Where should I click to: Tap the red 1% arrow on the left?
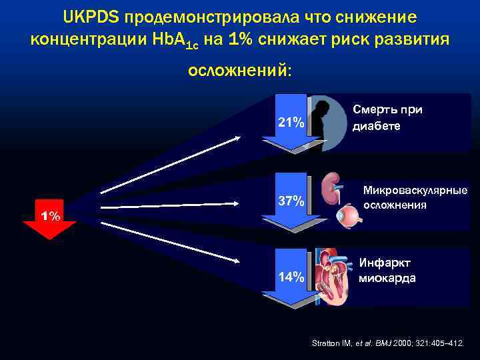click(x=50, y=219)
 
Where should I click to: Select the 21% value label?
click(x=291, y=123)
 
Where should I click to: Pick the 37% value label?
click(x=291, y=201)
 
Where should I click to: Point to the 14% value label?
click(x=291, y=277)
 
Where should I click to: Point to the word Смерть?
click(x=378, y=110)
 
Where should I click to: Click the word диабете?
click(x=377, y=125)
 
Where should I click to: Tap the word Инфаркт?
click(x=385, y=263)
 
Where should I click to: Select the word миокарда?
click(x=387, y=278)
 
